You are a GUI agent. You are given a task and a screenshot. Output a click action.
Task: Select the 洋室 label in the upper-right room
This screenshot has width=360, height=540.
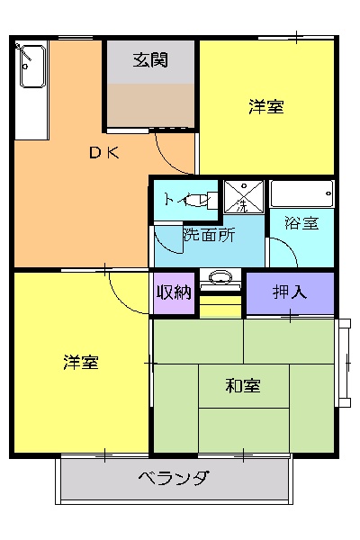click(x=266, y=106)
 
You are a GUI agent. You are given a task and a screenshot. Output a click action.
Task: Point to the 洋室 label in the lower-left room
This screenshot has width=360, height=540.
click(x=81, y=363)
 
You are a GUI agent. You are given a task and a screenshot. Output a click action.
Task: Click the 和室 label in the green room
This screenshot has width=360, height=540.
click(x=243, y=386)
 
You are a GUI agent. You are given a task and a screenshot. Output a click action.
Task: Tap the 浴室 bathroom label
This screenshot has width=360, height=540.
click(x=301, y=223)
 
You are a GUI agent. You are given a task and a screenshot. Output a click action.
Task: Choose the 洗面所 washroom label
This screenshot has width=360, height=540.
click(x=209, y=236)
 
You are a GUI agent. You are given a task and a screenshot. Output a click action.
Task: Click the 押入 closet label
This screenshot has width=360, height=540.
click(x=290, y=292)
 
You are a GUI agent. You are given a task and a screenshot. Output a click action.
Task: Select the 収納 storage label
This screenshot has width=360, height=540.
click(x=174, y=292)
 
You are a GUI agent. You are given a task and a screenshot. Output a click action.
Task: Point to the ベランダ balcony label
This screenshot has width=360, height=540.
click(x=175, y=477)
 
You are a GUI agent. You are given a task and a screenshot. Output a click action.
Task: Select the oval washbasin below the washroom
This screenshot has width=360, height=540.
click(x=219, y=278)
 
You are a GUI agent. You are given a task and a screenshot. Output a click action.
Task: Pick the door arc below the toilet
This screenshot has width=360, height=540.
click(x=166, y=238)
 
